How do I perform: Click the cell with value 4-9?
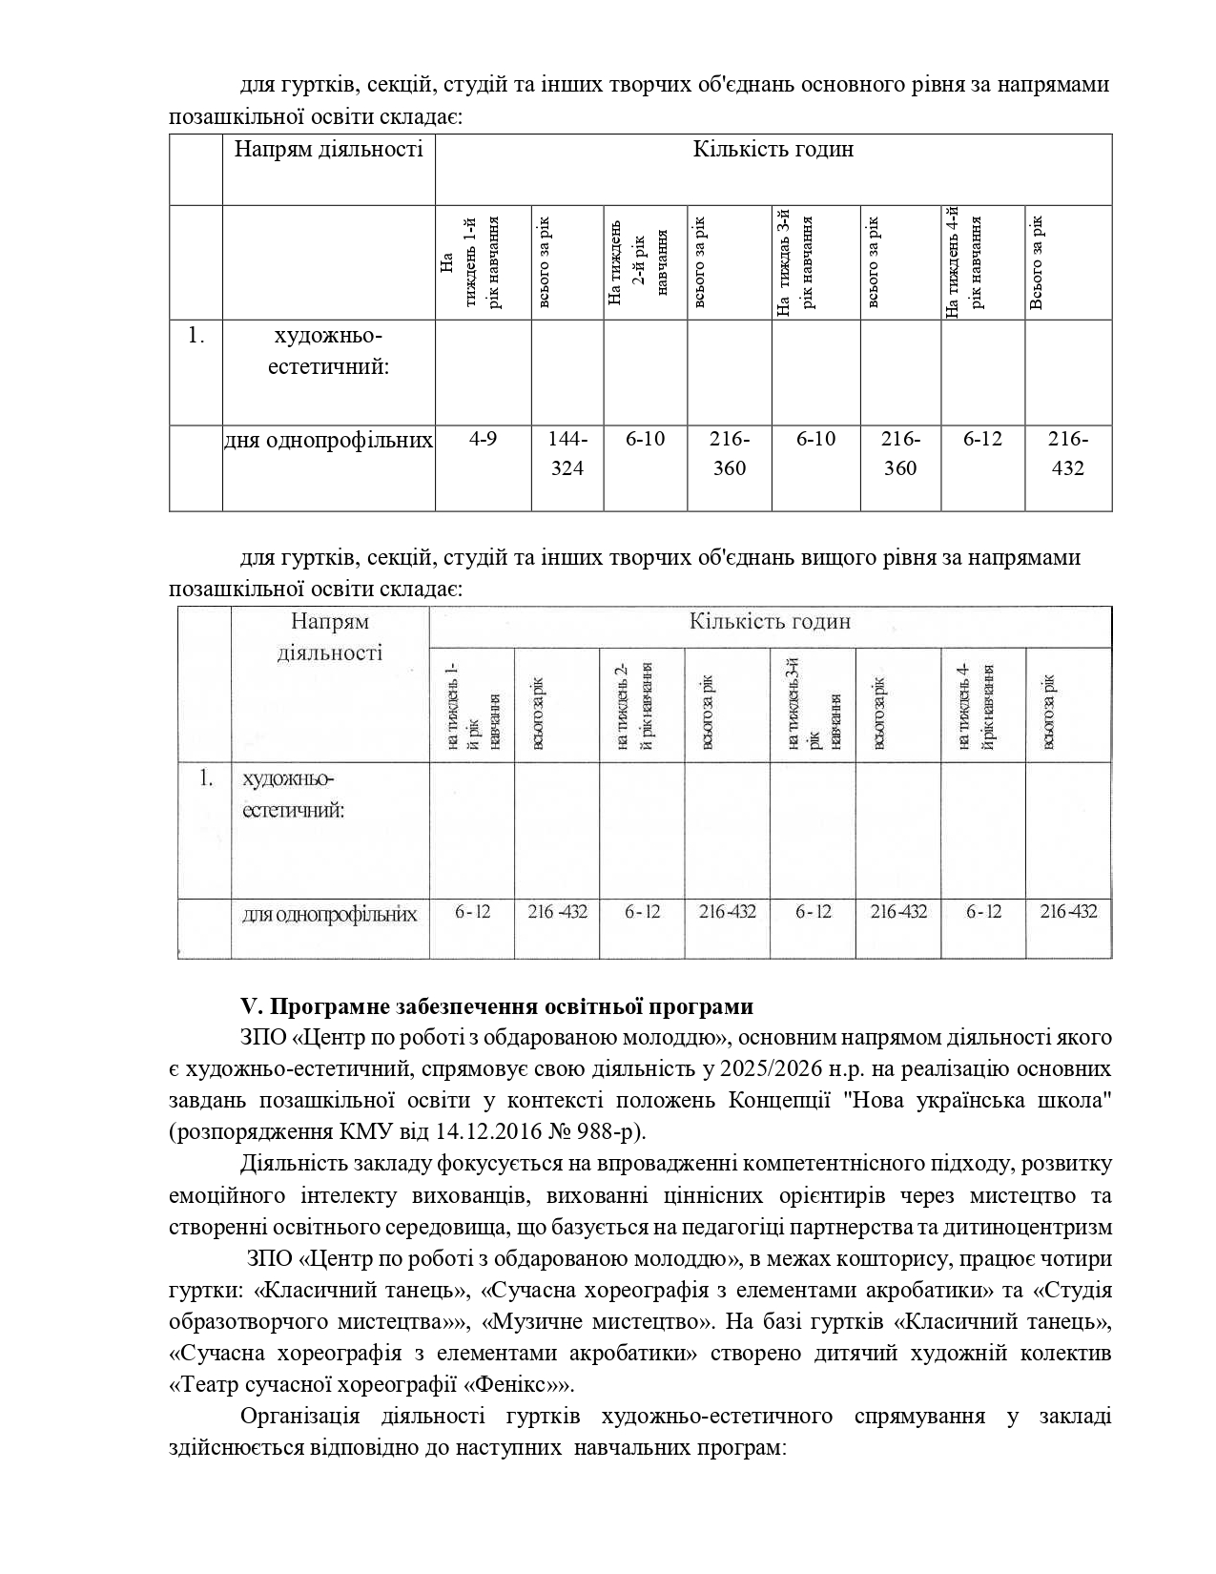click(483, 440)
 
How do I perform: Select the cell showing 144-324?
click(567, 454)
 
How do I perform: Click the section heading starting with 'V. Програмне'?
click(497, 1007)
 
